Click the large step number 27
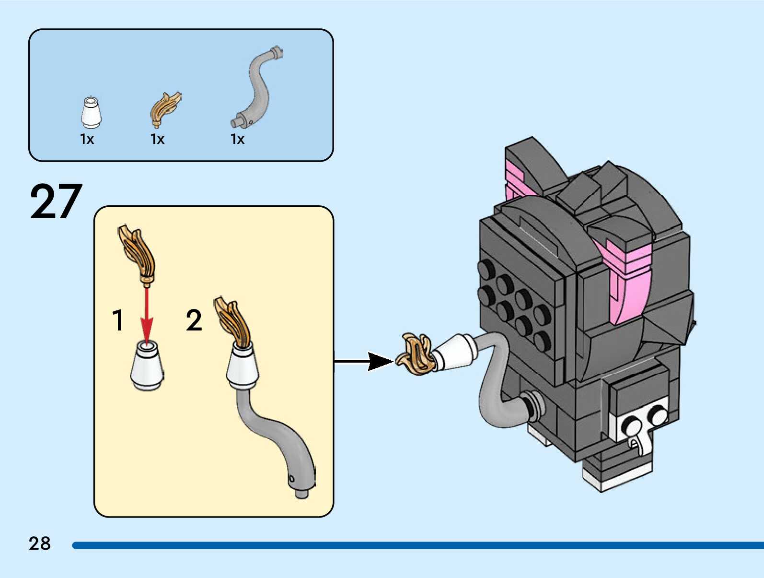click(56, 201)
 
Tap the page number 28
click(40, 543)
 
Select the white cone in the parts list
click(90, 113)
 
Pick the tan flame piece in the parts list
click(165, 108)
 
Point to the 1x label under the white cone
click(87, 139)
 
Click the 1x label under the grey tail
click(238, 139)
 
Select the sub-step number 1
click(118, 320)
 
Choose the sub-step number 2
click(194, 320)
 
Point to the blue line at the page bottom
click(417, 545)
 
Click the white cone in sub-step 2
click(243, 367)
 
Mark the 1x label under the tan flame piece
click(158, 139)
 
